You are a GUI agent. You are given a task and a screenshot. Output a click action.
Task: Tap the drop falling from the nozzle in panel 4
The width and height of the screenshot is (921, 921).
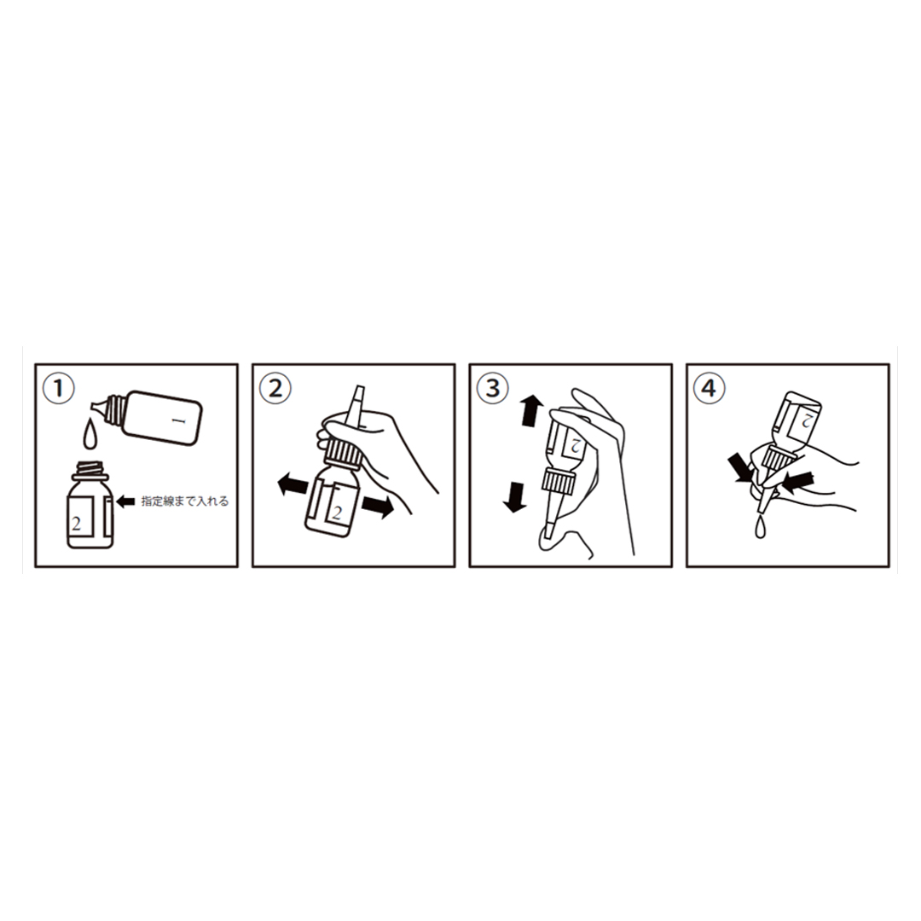(x=761, y=528)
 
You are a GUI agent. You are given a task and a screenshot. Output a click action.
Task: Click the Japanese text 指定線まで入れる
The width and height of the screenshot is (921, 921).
(x=185, y=501)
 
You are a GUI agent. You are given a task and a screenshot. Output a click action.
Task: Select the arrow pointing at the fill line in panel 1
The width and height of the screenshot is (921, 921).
(x=126, y=501)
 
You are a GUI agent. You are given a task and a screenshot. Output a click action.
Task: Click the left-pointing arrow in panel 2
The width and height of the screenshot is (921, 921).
(x=293, y=485)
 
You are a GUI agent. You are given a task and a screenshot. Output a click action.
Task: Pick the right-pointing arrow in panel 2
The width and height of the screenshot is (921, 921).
(x=378, y=507)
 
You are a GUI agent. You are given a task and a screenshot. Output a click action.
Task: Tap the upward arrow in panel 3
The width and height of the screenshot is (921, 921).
(x=531, y=410)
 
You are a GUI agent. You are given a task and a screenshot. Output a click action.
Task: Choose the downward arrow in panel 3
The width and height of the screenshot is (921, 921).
(x=515, y=497)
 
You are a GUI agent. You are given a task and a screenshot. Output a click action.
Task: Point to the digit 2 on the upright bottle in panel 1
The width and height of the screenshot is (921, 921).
(x=76, y=523)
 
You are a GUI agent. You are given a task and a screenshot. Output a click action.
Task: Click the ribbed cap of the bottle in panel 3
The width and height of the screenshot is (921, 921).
(x=559, y=480)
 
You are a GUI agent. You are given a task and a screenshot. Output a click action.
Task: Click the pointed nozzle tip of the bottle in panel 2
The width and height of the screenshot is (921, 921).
(x=357, y=391)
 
